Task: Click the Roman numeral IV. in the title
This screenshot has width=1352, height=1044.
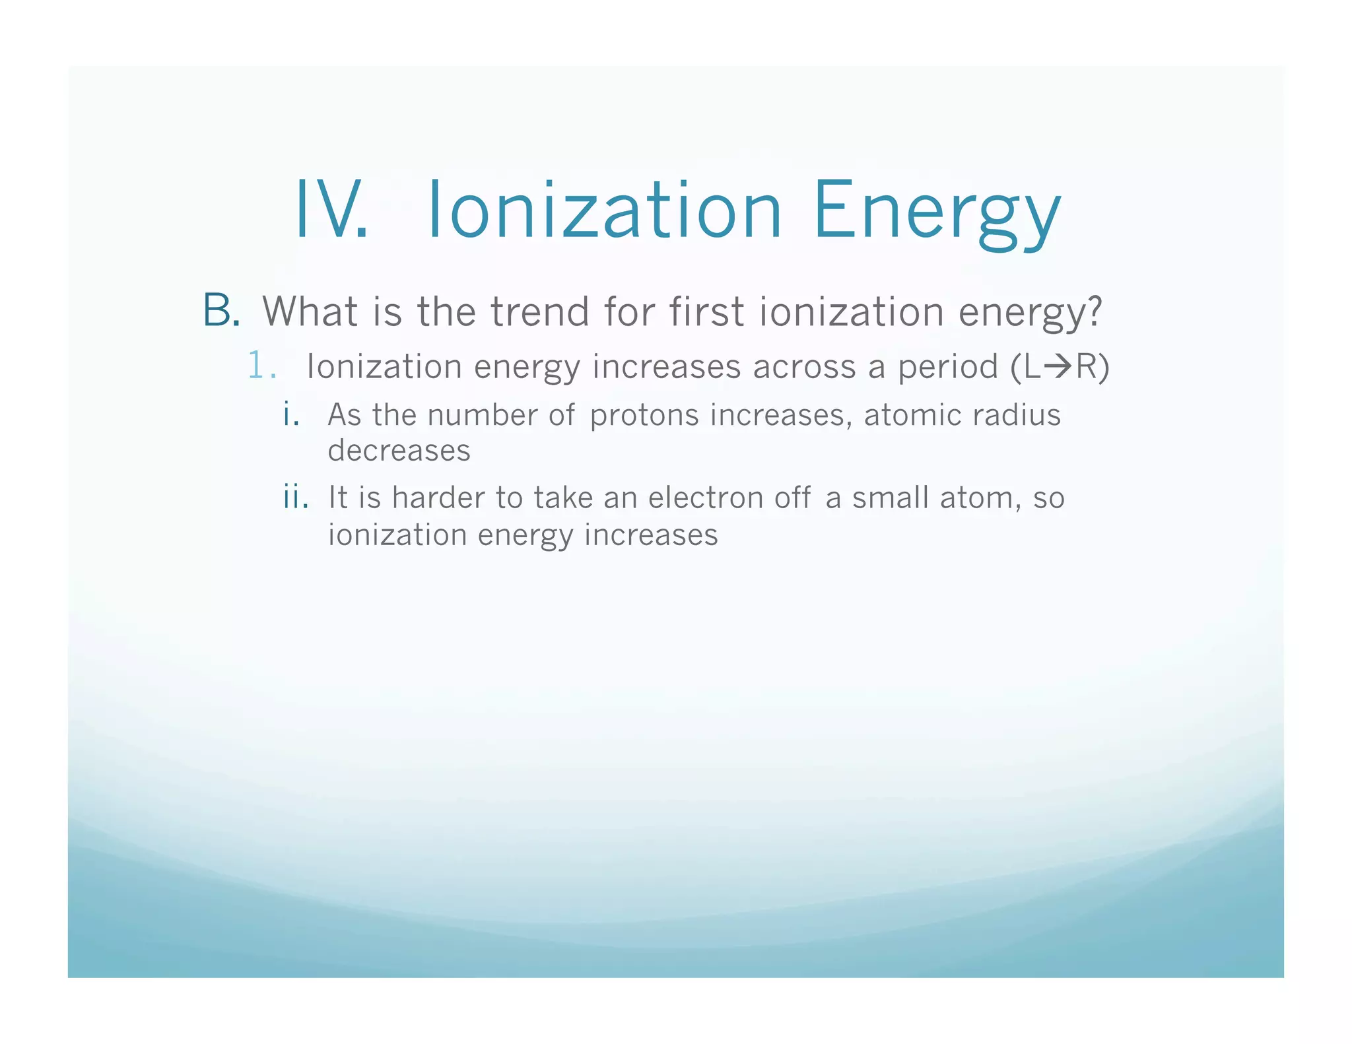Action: point(331,210)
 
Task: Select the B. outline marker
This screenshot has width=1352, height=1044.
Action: point(221,311)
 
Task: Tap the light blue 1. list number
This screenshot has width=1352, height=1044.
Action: point(260,366)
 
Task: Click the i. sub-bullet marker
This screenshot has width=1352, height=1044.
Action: point(291,415)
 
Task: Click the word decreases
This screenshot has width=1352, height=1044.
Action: point(399,451)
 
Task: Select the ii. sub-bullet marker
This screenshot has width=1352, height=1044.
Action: point(295,497)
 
